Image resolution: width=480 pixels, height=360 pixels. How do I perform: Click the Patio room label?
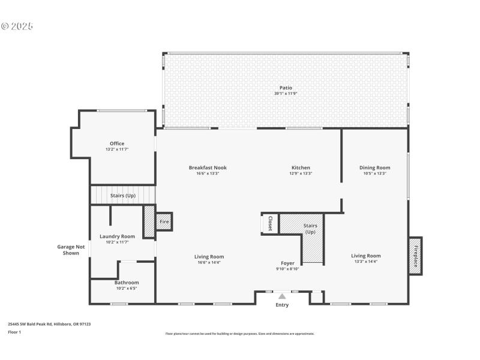[x=286, y=88]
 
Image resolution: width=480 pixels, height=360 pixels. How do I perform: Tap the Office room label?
[x=117, y=143]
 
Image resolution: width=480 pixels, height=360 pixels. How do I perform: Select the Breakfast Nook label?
[x=208, y=167]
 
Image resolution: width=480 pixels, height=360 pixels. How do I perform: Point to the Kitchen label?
[x=301, y=167]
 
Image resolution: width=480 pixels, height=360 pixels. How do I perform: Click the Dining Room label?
[x=374, y=167]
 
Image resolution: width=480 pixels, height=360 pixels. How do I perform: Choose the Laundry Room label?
[x=117, y=236]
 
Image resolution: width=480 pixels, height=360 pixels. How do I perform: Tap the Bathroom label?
[x=127, y=282]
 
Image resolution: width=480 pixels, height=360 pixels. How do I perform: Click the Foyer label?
[x=288, y=263]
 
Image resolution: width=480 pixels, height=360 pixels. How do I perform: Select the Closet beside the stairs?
[x=270, y=223]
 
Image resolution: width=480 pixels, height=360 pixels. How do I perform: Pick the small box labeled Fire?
[x=164, y=222]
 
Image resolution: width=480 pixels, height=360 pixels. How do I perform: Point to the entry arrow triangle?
[x=282, y=296]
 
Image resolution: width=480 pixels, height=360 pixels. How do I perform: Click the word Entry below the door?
[x=282, y=305]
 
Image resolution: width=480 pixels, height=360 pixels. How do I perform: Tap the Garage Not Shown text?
[x=71, y=250]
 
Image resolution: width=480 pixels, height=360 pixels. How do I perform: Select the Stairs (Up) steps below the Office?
[x=122, y=196]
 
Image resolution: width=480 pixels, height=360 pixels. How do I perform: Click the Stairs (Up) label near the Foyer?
[x=310, y=229]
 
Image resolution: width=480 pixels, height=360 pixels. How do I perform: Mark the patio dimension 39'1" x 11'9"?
[x=286, y=94]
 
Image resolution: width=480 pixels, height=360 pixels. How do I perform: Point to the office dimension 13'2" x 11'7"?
[x=117, y=149]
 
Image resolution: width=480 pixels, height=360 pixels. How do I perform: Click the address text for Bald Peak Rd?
[x=49, y=324]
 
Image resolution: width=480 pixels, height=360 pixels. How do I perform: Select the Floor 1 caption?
[x=14, y=332]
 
